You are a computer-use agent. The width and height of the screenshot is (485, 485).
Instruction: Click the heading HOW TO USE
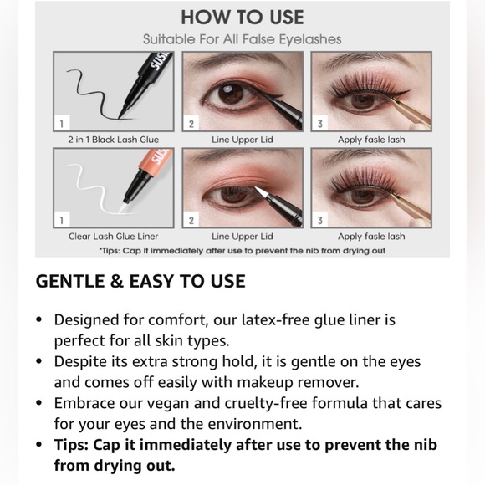242,17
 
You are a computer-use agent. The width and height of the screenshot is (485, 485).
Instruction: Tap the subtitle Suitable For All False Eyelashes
242,39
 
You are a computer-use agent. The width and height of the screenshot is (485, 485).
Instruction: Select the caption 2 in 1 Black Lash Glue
113,140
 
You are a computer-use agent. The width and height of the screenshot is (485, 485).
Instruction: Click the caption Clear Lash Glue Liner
113,237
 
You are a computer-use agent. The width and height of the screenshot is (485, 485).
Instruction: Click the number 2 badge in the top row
191,124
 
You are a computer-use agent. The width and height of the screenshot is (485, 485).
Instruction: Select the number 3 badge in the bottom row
320,221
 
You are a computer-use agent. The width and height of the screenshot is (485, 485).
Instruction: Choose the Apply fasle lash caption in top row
371,140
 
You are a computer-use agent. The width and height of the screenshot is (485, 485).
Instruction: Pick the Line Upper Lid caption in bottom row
242,237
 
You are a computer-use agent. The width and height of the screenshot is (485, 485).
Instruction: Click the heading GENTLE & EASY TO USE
140,282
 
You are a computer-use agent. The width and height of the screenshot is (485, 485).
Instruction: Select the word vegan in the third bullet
166,403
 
